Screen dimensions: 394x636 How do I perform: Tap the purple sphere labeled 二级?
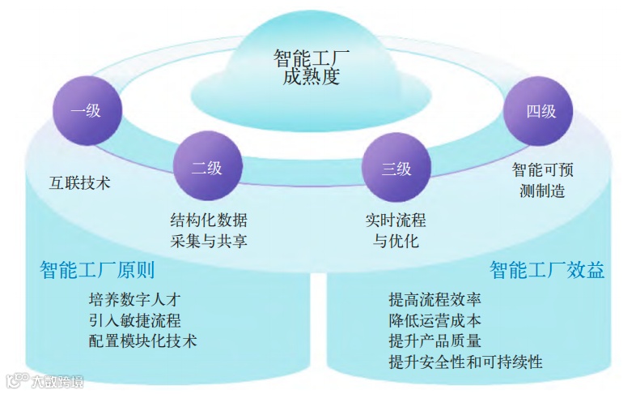click(x=206, y=168)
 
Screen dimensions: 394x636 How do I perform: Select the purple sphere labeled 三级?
click(x=396, y=168)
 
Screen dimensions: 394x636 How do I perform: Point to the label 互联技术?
click(x=79, y=182)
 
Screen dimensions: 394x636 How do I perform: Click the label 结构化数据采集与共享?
click(x=208, y=230)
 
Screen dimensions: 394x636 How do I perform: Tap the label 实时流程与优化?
click(x=396, y=230)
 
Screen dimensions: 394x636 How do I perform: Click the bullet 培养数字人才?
click(x=134, y=299)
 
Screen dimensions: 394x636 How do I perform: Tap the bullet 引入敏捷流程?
click(x=134, y=319)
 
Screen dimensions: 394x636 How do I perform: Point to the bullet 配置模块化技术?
click(x=142, y=340)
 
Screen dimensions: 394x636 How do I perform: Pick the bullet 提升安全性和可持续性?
click(x=465, y=362)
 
